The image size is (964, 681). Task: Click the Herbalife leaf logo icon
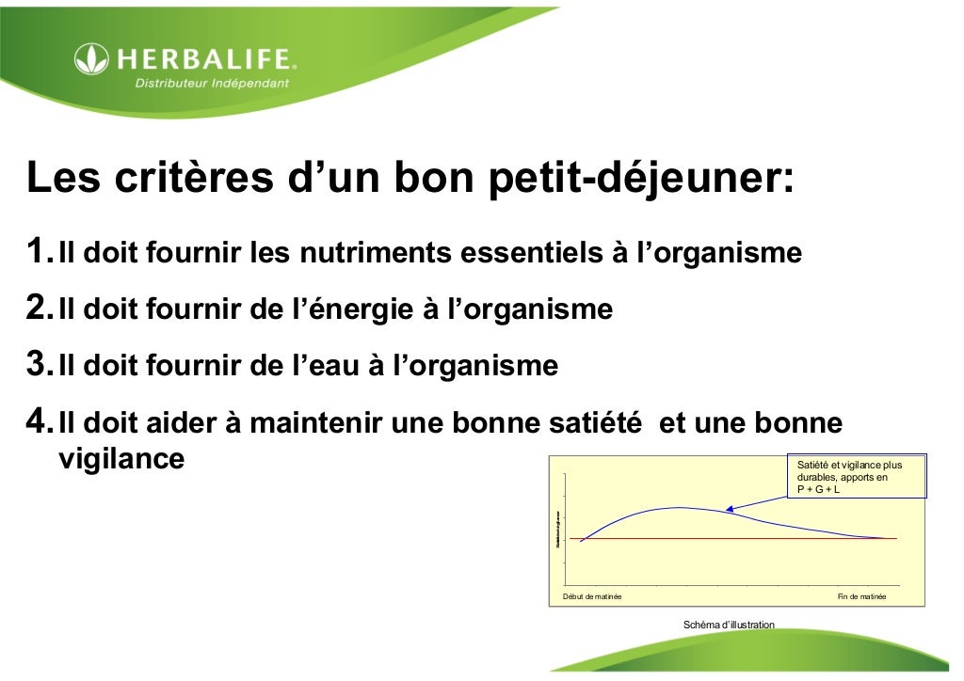[x=91, y=61]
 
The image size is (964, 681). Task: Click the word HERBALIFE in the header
[x=206, y=61]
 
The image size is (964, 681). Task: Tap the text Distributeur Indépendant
[x=212, y=83]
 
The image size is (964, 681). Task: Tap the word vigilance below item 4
[x=121, y=460]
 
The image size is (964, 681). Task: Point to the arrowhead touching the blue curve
[x=730, y=510]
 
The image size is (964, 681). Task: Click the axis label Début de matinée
[x=592, y=597]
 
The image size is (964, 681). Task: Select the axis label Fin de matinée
[x=861, y=597]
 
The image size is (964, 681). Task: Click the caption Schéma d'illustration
[x=729, y=625]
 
